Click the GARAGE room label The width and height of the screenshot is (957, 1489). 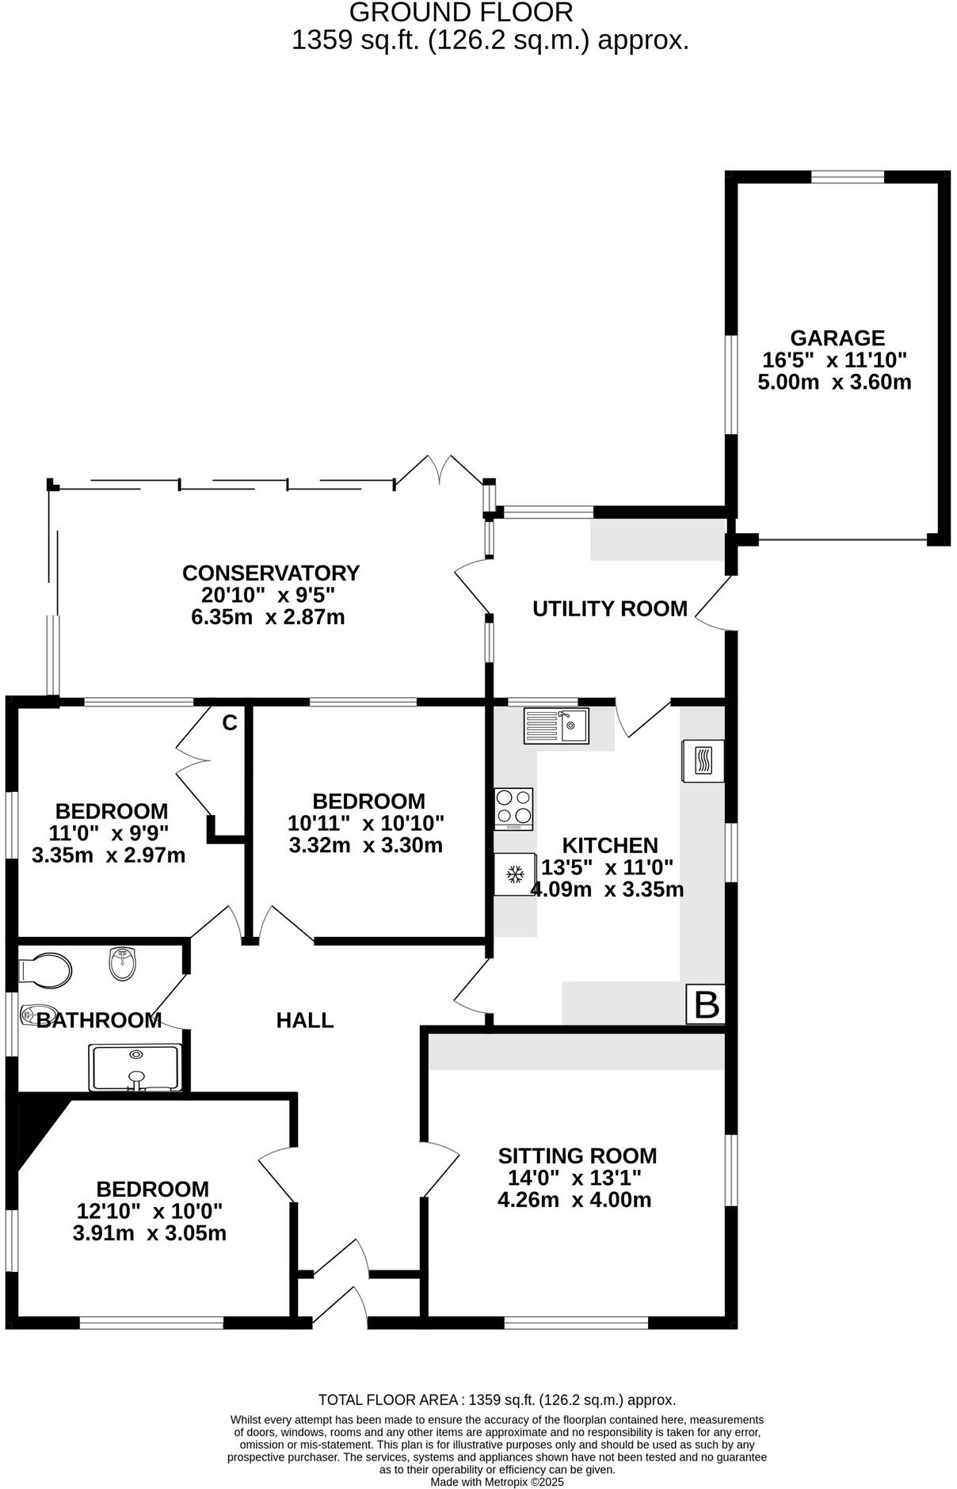tap(837, 338)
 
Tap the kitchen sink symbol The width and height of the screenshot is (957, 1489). tap(555, 725)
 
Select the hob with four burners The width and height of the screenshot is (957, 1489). tap(513, 808)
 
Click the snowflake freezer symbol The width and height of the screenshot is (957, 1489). tap(516, 874)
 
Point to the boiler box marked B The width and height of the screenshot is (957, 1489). tap(706, 1004)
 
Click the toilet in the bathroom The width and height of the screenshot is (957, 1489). tap(45, 969)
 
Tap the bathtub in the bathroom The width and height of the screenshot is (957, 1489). tap(137, 1068)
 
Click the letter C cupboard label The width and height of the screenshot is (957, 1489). tap(229, 722)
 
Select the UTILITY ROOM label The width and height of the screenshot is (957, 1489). tap(609, 608)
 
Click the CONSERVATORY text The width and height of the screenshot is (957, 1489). tap(271, 573)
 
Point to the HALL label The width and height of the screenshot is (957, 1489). tap(304, 1020)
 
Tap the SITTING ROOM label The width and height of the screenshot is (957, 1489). tap(578, 1156)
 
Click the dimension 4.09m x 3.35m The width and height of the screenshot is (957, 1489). tap(607, 889)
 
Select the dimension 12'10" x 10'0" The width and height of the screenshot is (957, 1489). tap(149, 1211)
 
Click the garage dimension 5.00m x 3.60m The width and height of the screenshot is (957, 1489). tap(835, 382)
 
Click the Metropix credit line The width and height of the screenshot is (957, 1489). tap(497, 1482)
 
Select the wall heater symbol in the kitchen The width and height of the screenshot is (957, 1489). tap(703, 761)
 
